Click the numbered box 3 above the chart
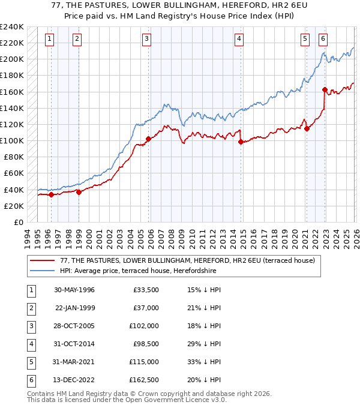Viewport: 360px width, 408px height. tap(147, 39)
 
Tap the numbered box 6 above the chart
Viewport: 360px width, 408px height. tap(323, 39)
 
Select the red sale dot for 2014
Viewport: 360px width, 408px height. tap(241, 142)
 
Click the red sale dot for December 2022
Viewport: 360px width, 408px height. tap(325, 89)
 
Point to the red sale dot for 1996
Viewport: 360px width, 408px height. tap(52, 194)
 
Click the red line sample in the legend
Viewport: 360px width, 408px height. tap(43, 260)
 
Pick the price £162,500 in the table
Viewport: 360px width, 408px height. tap(144, 380)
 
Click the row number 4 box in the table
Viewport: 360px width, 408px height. tap(30, 344)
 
